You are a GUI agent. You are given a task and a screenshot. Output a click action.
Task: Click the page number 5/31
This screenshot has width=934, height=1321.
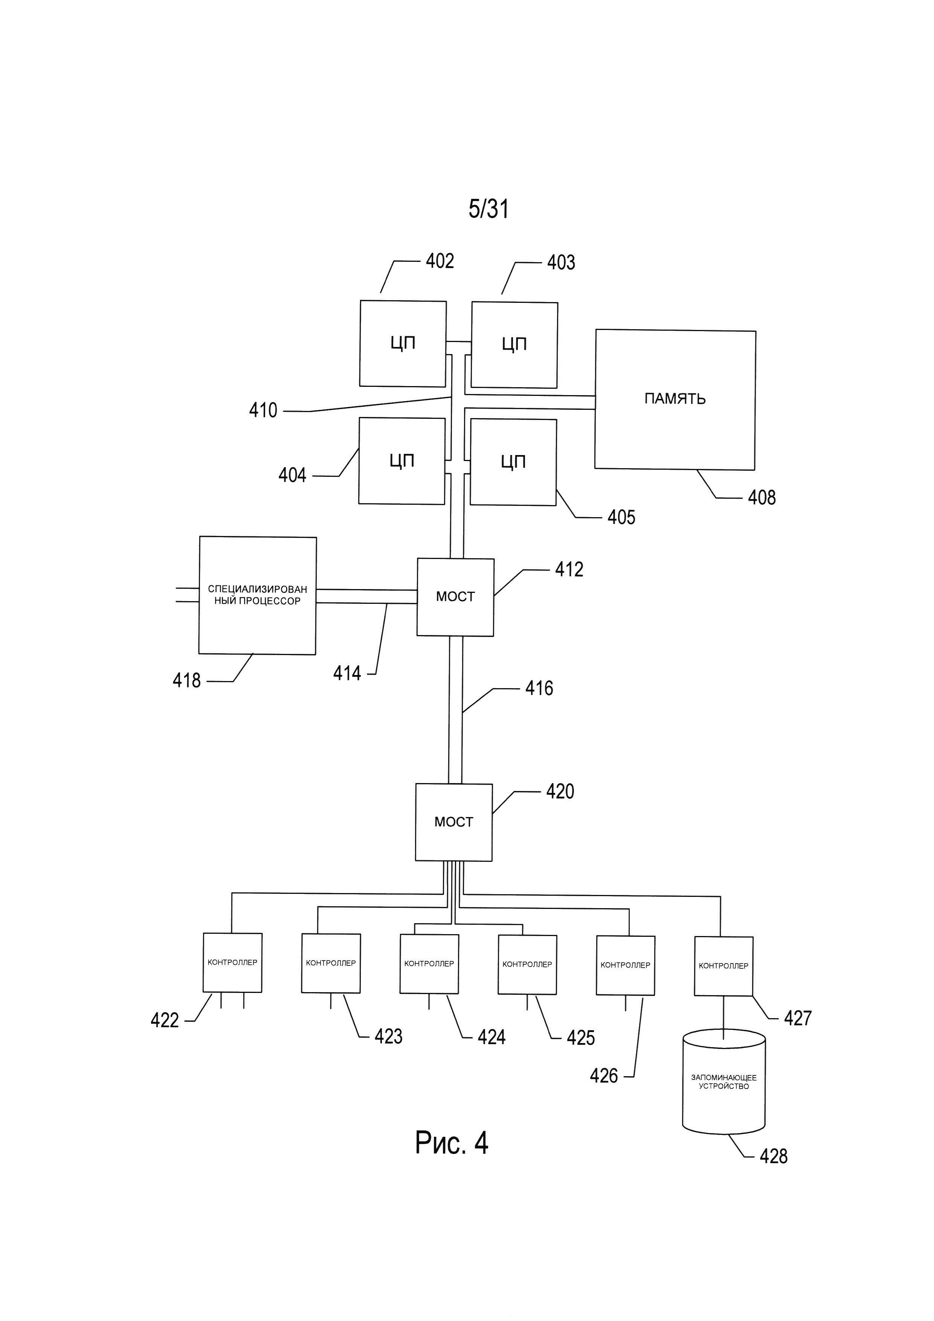click(x=488, y=209)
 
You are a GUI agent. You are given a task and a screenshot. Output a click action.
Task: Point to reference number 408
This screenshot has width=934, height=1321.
click(x=762, y=498)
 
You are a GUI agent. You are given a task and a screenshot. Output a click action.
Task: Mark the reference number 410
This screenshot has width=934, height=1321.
click(x=263, y=410)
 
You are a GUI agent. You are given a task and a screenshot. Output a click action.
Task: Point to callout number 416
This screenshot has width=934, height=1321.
click(x=539, y=688)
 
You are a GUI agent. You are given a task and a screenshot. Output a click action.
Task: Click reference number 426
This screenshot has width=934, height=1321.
click(x=604, y=1076)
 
